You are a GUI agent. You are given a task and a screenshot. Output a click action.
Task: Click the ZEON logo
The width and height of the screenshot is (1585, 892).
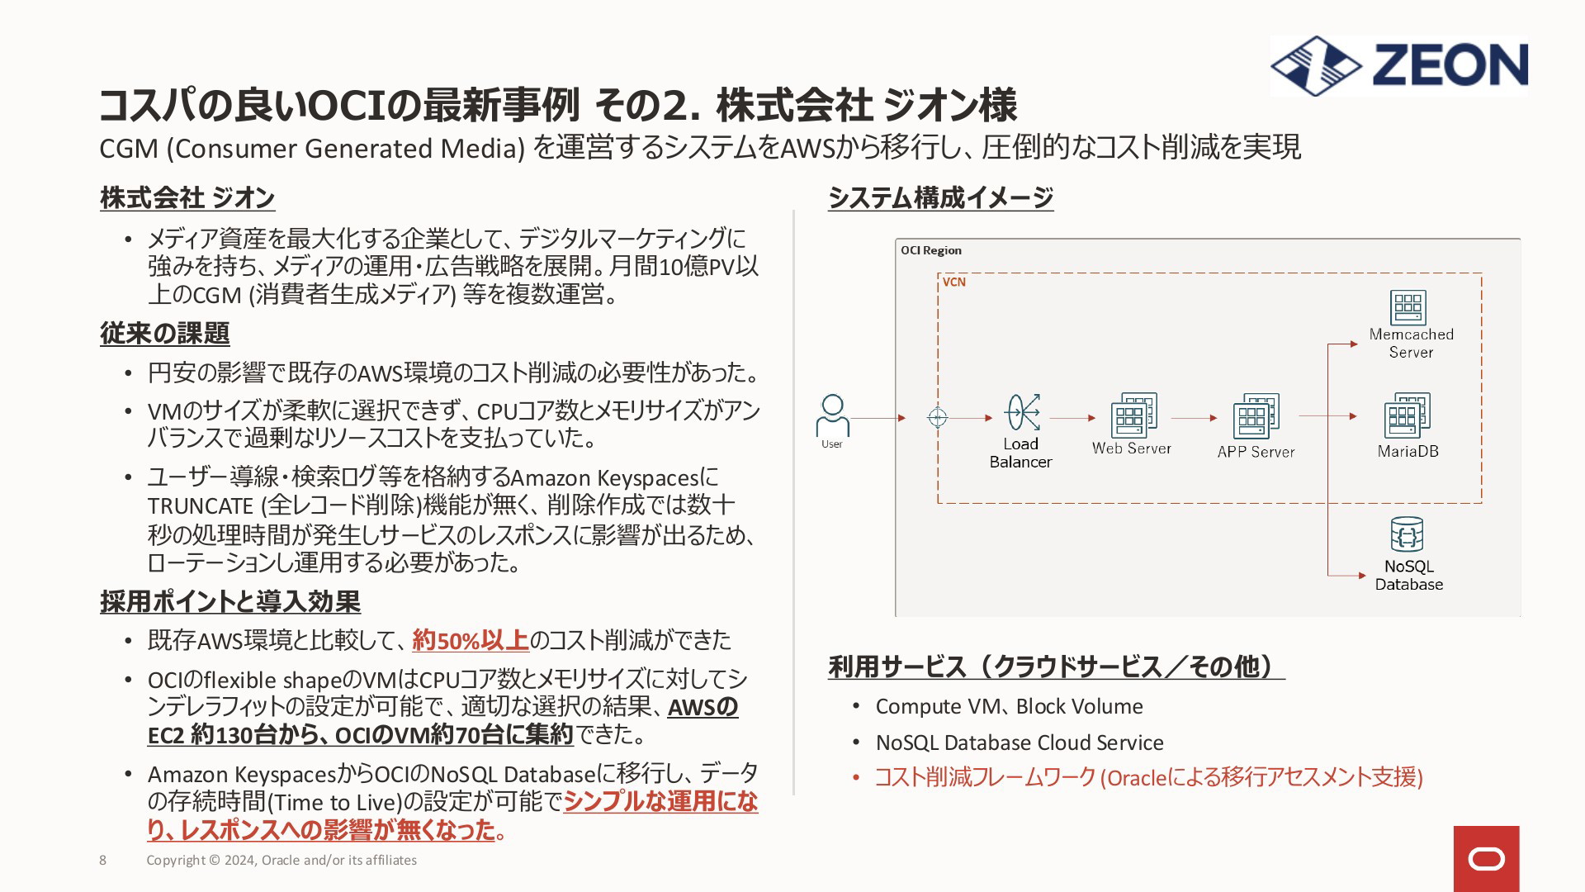(x=1399, y=65)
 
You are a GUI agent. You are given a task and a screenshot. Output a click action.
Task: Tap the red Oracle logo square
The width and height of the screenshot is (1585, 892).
(x=1486, y=859)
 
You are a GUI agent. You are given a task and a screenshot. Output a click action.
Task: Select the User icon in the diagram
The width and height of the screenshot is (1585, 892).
(x=832, y=415)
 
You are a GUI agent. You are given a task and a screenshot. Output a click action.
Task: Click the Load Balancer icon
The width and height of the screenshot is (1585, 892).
(x=1022, y=412)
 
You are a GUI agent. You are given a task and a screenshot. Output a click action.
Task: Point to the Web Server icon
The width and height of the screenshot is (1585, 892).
(x=1133, y=415)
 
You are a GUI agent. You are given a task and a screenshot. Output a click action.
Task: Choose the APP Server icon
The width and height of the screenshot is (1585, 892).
(x=1256, y=415)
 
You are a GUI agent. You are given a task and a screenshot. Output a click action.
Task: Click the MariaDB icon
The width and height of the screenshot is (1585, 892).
(x=1408, y=415)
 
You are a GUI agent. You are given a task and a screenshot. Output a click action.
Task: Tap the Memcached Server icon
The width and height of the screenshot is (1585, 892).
(x=1408, y=307)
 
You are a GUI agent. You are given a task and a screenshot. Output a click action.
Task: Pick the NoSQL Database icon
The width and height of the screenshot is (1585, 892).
(x=1407, y=534)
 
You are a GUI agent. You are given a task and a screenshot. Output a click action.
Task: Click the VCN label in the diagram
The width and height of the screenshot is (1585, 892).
(x=954, y=282)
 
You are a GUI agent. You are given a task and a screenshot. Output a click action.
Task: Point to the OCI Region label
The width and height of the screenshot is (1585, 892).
(x=931, y=250)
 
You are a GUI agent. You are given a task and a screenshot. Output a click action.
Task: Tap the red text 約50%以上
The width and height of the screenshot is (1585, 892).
(x=471, y=640)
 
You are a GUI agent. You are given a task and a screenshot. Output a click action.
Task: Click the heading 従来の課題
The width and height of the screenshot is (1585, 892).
(x=165, y=333)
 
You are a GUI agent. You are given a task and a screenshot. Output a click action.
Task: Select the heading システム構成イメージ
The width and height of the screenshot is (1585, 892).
(x=941, y=197)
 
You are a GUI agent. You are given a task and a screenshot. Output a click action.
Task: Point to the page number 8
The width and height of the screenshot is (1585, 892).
(x=102, y=860)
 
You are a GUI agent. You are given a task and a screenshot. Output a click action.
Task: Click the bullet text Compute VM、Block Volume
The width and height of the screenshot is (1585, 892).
(x=1009, y=706)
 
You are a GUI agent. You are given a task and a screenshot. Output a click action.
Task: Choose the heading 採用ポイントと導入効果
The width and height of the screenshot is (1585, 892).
(x=230, y=601)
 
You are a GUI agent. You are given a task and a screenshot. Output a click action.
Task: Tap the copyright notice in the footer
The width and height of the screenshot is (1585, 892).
(x=282, y=860)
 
